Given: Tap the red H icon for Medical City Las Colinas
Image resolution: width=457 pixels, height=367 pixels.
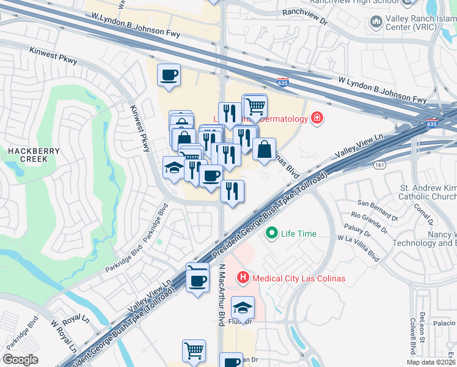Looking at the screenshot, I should tap(243, 278).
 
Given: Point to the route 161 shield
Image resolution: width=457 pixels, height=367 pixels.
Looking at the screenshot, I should tap(381, 165).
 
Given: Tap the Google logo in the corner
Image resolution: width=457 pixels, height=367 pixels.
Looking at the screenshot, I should tap(20, 360).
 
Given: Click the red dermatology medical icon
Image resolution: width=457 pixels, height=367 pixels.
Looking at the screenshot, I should tap(316, 118).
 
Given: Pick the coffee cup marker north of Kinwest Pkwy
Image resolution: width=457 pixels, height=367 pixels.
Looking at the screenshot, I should tap(169, 76).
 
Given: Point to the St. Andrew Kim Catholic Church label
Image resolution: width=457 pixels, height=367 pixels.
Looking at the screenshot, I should tap(427, 192).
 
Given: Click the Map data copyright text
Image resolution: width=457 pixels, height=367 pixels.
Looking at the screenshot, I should tap(430, 362).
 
